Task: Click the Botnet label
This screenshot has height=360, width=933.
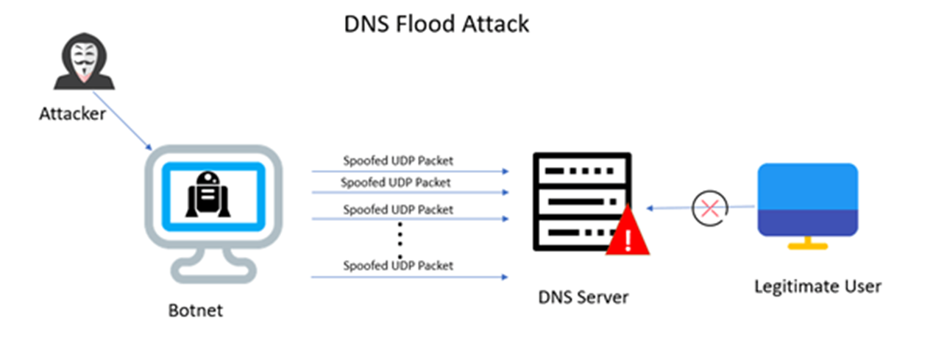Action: coord(195,310)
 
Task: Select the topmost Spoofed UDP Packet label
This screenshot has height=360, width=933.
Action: coord(397,160)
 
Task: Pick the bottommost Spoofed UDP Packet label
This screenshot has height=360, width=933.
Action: coord(397,265)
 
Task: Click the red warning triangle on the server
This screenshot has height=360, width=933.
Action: coord(628,234)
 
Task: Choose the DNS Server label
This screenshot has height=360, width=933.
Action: coord(583,297)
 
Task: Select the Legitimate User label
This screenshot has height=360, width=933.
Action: coord(817,286)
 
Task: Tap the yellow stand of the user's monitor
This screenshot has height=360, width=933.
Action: coord(807,244)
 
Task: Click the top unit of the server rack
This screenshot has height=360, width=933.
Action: coord(582,172)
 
